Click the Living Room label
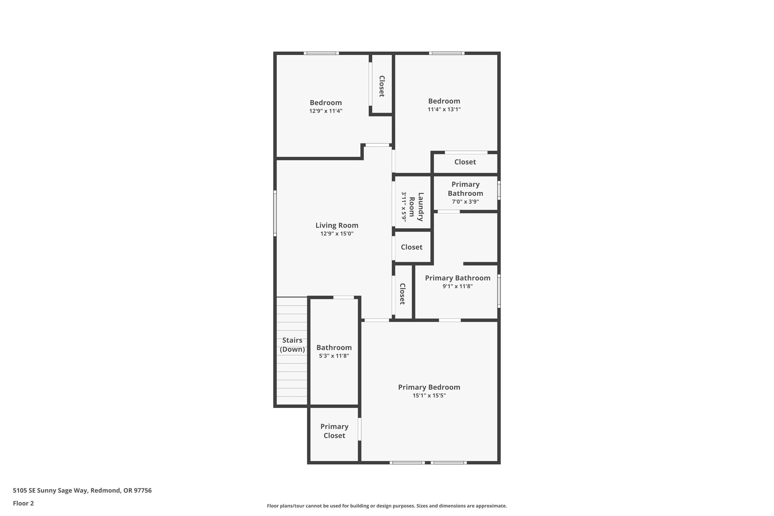click(x=337, y=225)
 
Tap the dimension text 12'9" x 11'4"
click(x=325, y=111)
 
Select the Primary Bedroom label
click(x=429, y=387)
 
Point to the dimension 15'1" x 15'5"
click(x=429, y=396)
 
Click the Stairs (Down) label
click(x=292, y=344)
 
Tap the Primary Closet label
click(x=334, y=431)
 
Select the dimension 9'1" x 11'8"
click(x=457, y=286)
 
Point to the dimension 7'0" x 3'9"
click(x=465, y=202)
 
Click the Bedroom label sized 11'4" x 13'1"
click(x=444, y=101)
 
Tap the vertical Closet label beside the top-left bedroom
click(x=382, y=86)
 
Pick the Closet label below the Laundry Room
click(x=411, y=247)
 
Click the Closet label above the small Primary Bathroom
click(x=465, y=162)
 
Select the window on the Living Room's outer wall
click(x=275, y=213)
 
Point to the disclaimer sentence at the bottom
click(x=387, y=506)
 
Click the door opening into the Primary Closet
click(x=359, y=429)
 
